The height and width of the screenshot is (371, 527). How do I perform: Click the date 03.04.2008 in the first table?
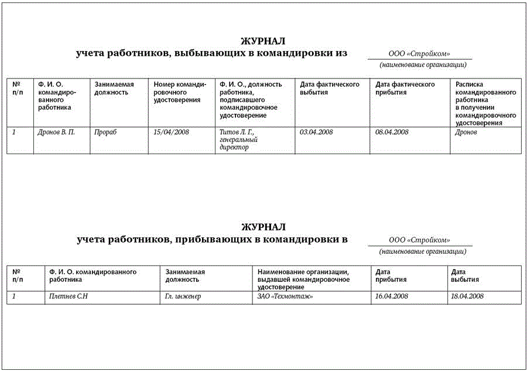[x=316, y=132]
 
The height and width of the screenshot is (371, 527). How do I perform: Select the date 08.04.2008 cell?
[x=392, y=132]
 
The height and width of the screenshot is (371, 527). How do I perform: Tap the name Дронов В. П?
[x=57, y=132]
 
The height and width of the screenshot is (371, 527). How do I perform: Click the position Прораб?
[x=106, y=132]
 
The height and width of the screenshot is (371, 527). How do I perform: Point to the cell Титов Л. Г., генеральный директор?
[x=239, y=139]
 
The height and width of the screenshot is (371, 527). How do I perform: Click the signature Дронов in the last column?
[x=466, y=132]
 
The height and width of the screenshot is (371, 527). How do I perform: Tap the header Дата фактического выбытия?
[x=330, y=89]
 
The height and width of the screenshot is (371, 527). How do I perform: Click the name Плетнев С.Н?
[x=69, y=297]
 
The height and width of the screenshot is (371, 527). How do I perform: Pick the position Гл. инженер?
[x=183, y=297]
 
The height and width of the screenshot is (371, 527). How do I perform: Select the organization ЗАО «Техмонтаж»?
[x=285, y=297]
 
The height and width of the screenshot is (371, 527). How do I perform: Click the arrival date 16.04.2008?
[x=392, y=297]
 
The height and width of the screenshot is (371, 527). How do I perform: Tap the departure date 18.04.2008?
[x=467, y=297]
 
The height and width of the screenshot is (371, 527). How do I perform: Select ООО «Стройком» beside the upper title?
[x=419, y=54]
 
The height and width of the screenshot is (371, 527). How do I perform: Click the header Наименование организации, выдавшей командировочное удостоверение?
[x=304, y=275]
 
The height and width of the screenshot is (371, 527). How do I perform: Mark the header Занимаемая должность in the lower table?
[x=186, y=275]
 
